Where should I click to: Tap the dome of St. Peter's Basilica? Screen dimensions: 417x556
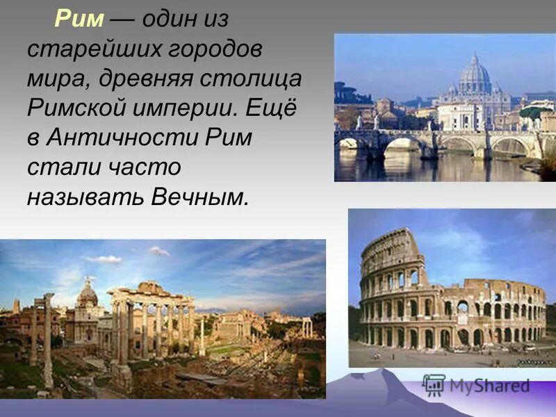pos(475,75)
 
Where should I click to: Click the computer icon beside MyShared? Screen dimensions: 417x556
pos(434,385)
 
